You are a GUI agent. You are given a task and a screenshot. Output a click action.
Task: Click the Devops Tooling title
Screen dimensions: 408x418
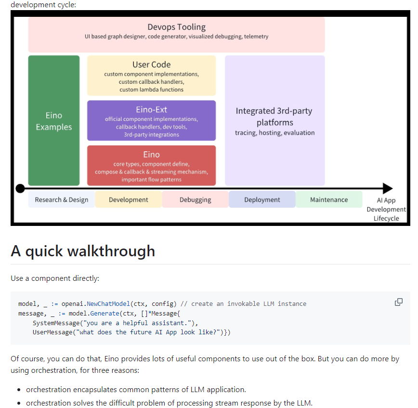coord(176,27)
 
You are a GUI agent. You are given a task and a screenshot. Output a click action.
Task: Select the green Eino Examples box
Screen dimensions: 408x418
coord(53,121)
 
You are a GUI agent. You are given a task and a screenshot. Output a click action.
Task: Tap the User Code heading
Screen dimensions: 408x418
coord(151,65)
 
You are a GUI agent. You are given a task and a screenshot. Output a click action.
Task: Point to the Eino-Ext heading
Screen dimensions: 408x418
coord(151,110)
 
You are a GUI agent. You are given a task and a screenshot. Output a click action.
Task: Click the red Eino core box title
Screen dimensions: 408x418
coord(151,155)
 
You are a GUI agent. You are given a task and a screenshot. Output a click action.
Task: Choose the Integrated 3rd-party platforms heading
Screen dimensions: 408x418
coord(274,117)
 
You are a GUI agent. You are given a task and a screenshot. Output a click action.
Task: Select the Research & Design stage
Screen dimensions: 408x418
coord(62,200)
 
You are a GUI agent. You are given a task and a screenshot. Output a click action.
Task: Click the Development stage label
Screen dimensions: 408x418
coord(129,200)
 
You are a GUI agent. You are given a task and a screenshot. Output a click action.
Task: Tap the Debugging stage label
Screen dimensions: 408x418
coord(195,200)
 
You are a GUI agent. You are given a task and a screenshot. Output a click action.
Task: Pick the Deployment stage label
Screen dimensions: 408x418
coord(262,200)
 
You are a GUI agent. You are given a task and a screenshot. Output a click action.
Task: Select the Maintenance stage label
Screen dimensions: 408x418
coord(329,200)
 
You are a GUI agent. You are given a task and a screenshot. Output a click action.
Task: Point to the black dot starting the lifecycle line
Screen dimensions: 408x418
coord(20,188)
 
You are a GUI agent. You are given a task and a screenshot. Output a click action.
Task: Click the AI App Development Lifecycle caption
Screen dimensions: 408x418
coord(386,210)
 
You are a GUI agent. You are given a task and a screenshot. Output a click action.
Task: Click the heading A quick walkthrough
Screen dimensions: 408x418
coord(83,251)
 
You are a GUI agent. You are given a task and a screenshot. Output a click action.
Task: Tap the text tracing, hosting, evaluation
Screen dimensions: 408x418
coord(274,133)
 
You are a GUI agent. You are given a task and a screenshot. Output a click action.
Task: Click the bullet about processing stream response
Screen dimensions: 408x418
coord(169,403)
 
